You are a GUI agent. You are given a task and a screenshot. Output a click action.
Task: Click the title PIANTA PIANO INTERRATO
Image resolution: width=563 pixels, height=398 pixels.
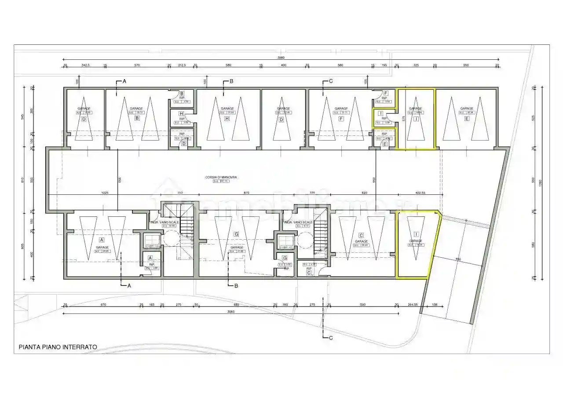click(58, 347)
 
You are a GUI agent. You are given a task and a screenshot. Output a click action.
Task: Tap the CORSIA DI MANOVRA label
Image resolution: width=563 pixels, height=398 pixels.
click(221, 177)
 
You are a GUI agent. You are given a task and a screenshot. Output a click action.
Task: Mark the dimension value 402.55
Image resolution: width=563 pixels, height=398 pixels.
click(420, 193)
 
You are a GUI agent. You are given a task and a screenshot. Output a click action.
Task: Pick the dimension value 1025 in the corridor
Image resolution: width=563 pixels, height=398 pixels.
click(105, 193)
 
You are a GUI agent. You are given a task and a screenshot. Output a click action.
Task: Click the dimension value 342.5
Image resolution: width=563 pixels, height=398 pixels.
click(86, 66)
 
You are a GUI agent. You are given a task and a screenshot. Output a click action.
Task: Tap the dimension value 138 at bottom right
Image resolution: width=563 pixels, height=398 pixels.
click(434, 305)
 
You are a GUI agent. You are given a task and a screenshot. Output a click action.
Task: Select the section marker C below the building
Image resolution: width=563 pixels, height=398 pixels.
click(330, 338)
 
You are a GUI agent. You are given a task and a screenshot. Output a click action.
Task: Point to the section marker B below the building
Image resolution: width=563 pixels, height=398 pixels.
click(236, 286)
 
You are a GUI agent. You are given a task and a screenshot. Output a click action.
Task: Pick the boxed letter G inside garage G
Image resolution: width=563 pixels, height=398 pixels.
click(237, 234)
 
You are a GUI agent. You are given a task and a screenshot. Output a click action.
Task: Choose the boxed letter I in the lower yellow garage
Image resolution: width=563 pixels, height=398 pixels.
click(416, 234)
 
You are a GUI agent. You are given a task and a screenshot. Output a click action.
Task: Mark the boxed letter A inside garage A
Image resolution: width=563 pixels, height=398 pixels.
click(102, 240)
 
